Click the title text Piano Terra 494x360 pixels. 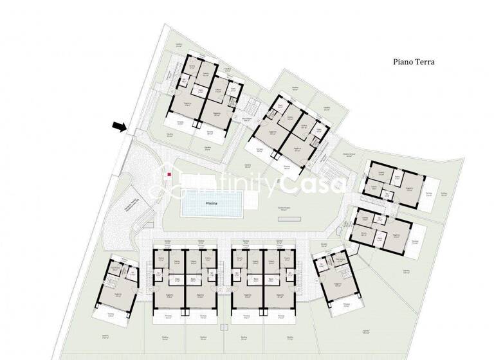pos(414,62)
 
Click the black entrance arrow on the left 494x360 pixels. pos(119,127)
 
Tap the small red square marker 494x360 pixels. pos(169,174)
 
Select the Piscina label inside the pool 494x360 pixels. pos(212,203)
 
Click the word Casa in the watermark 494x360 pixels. pos(314,185)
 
